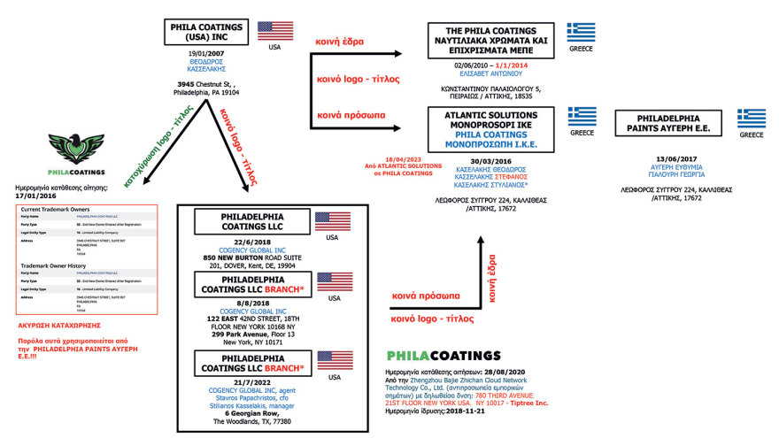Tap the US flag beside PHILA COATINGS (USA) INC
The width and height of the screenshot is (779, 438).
274,31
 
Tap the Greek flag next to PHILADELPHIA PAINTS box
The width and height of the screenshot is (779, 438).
752,119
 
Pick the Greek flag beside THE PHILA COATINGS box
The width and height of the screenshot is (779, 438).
582,32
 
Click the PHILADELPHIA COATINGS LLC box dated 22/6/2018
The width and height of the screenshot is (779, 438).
243,222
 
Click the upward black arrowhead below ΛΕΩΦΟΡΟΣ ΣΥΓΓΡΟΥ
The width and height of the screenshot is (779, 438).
477,240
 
